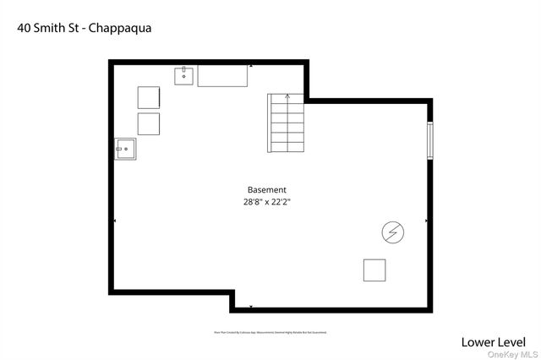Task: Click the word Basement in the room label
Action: click(x=266, y=190)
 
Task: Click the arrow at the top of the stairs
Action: click(x=287, y=96)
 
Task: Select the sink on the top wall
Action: click(x=185, y=76)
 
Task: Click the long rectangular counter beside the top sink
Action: click(x=223, y=76)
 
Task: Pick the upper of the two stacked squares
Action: click(x=149, y=97)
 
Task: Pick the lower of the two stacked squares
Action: click(x=149, y=124)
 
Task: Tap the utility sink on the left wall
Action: click(x=124, y=150)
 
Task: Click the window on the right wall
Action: click(x=430, y=140)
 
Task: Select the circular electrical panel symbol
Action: click(x=392, y=231)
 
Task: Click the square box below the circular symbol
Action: click(x=374, y=270)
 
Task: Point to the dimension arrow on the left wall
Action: click(x=114, y=221)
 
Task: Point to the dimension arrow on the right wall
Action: click(x=427, y=221)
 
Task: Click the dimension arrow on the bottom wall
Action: click(x=251, y=308)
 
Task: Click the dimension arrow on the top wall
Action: click(x=251, y=66)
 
